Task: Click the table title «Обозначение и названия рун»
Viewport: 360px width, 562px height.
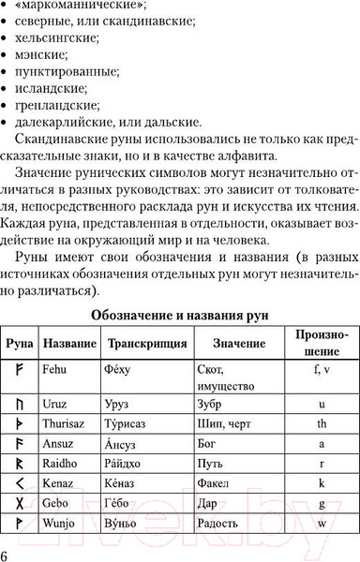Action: (x=179, y=315)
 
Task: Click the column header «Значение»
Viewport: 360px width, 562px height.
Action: (x=238, y=344)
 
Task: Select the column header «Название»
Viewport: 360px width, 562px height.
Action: (x=69, y=344)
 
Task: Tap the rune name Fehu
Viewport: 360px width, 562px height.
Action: (x=54, y=369)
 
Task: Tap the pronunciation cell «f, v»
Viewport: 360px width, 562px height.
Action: (x=321, y=369)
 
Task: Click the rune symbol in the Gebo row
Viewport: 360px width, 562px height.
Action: (x=19, y=502)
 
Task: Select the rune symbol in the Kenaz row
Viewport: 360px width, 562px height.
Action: (x=19, y=482)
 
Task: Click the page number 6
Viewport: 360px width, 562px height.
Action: (x=7, y=553)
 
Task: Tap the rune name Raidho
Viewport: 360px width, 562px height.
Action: (x=59, y=463)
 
